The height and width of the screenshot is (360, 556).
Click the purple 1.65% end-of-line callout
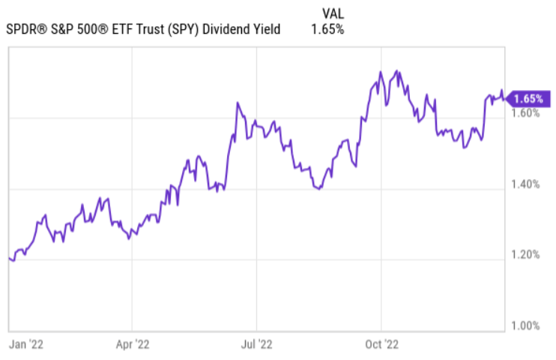tap(527, 98)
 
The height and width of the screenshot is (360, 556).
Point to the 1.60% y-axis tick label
tap(525, 113)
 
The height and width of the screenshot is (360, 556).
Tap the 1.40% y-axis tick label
tap(525, 184)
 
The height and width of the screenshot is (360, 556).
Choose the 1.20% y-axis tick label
tap(525, 255)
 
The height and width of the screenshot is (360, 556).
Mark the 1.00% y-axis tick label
tap(525, 325)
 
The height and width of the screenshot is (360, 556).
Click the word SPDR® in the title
tap(27, 30)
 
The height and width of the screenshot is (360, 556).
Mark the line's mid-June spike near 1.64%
tap(237, 103)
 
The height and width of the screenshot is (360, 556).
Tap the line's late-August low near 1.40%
tap(320, 189)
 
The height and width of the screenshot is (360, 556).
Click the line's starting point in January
tap(9, 258)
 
